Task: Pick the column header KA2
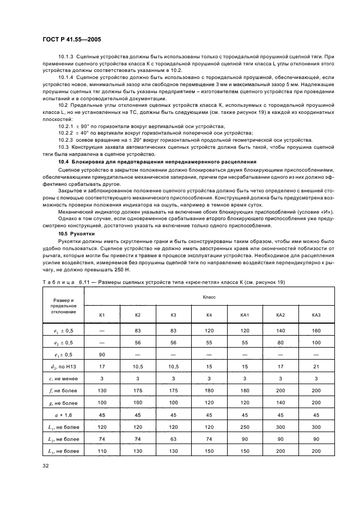click(280, 315)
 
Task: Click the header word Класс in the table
click(209, 297)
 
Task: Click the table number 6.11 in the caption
click(84, 282)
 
